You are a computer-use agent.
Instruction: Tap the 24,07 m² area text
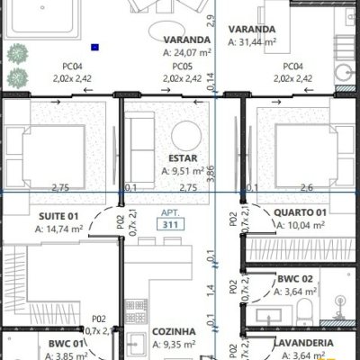click(x=187, y=52)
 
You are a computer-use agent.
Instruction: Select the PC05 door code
click(x=182, y=67)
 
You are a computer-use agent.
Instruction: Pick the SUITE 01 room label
click(x=60, y=216)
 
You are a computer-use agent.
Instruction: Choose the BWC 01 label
click(x=66, y=344)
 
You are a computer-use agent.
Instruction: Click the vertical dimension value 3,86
click(x=211, y=175)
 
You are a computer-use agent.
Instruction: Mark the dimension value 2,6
click(x=307, y=187)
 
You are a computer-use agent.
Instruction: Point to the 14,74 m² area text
click(x=60, y=229)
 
